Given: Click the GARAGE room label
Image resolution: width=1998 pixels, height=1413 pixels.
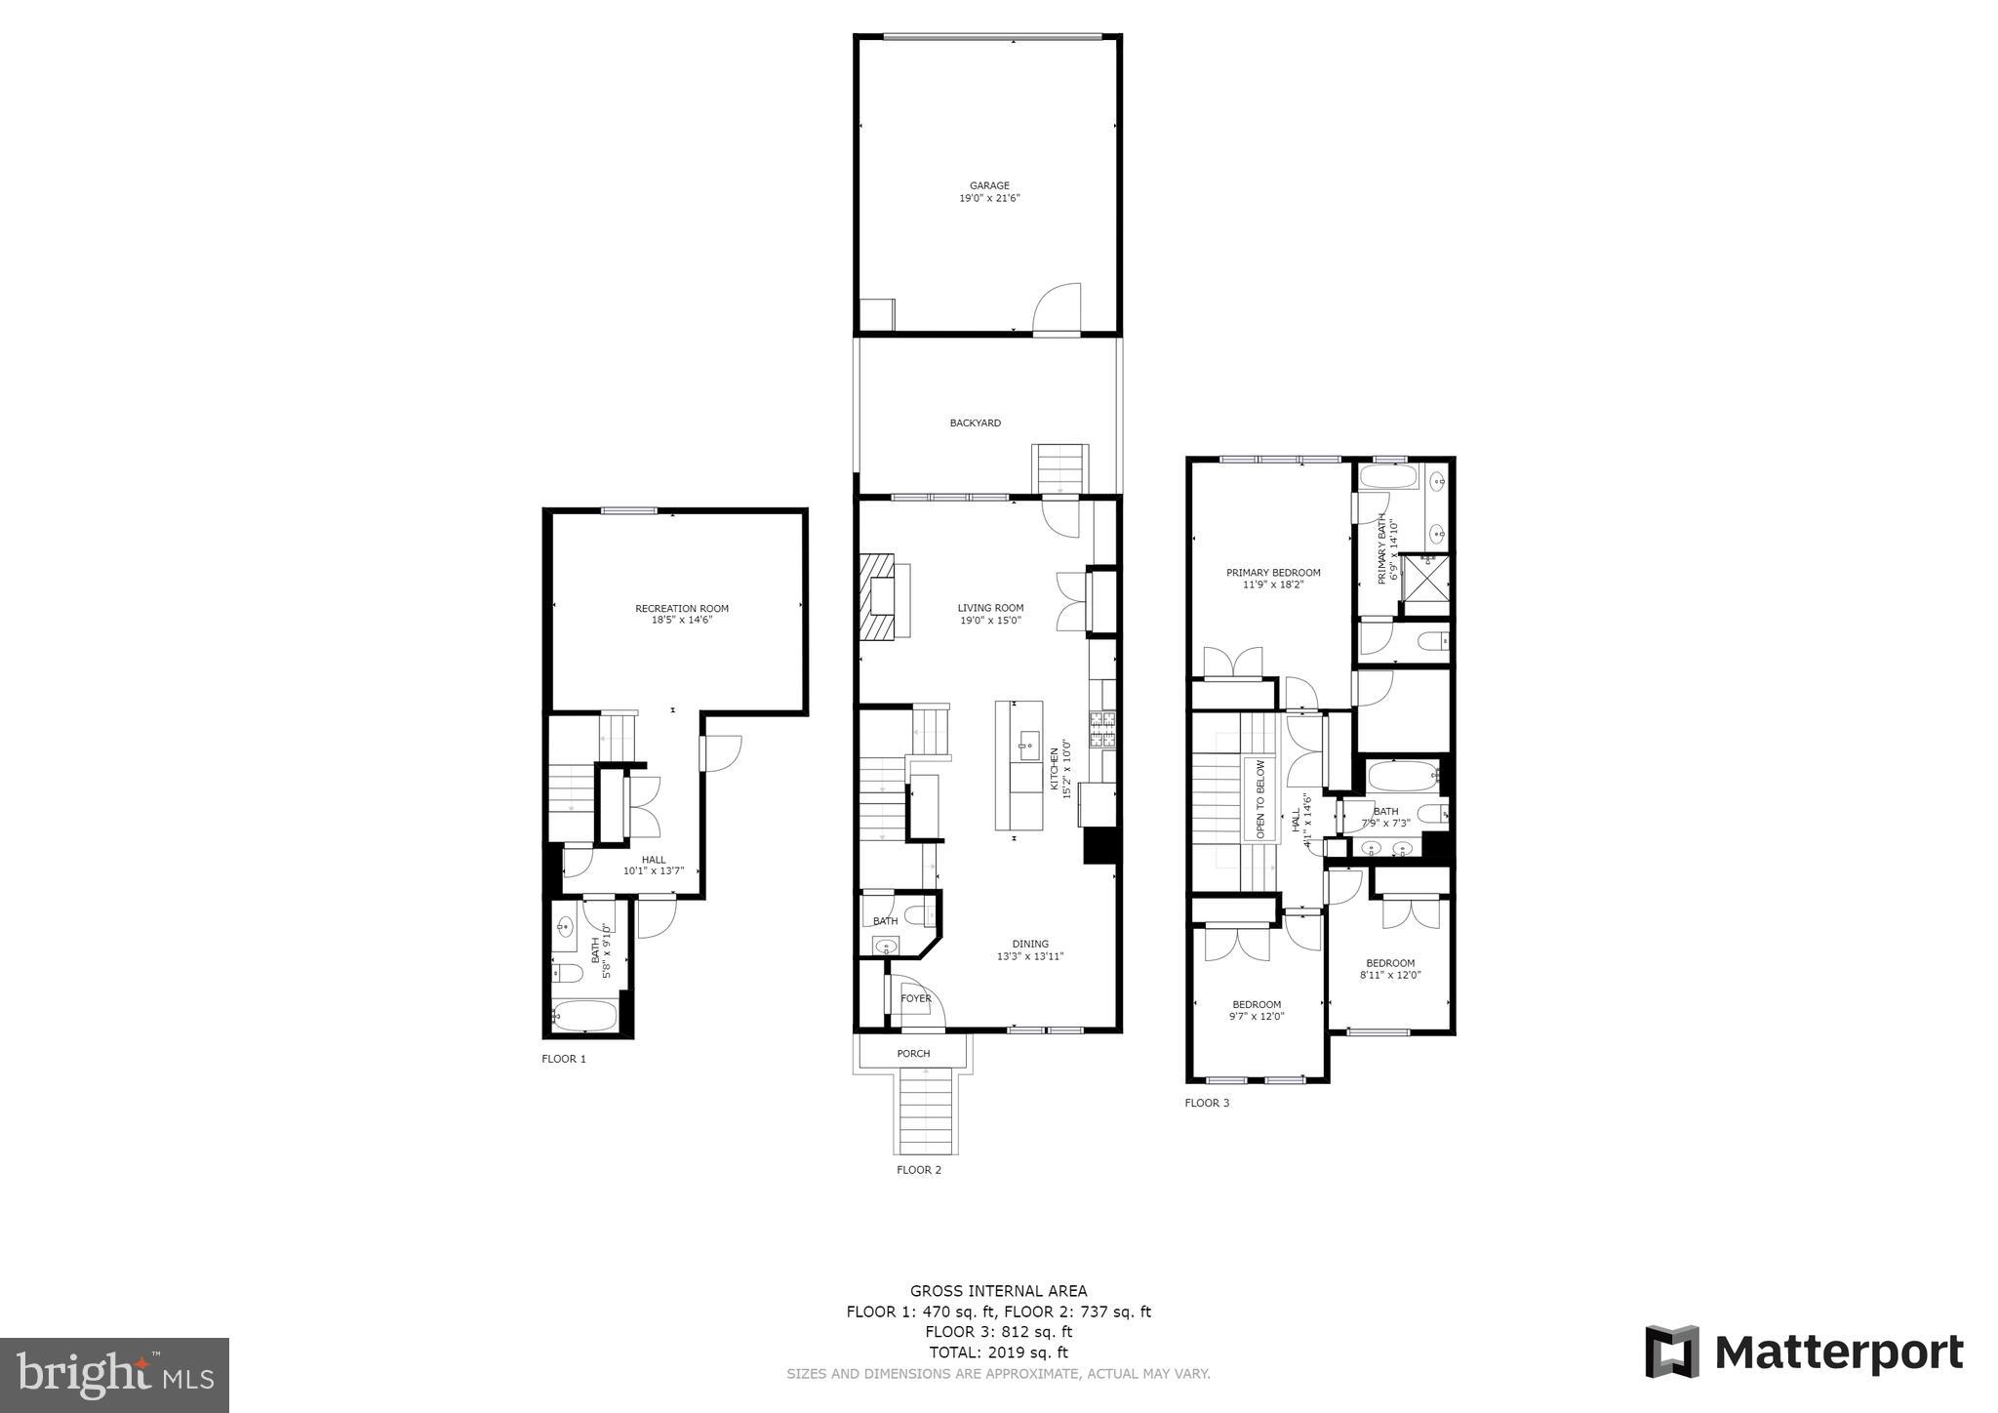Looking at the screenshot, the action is tap(989, 185).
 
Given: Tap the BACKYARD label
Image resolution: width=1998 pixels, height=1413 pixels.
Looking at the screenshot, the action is tap(976, 424).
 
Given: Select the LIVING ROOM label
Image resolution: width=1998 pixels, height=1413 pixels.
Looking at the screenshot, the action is tap(990, 608).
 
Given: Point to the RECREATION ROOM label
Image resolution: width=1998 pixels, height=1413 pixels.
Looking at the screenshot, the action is tap(682, 609).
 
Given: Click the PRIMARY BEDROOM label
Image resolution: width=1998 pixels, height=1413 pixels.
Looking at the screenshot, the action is tap(1273, 573).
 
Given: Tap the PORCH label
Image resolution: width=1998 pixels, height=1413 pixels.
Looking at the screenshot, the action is tap(914, 1054).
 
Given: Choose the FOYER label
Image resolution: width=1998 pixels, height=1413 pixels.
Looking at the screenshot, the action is tap(916, 998).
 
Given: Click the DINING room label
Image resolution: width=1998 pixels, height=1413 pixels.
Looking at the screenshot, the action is tap(1030, 944).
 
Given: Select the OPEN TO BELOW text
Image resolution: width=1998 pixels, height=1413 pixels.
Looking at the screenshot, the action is tap(1260, 799).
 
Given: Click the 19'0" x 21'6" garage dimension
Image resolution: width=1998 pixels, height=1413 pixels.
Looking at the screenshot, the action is tap(989, 198).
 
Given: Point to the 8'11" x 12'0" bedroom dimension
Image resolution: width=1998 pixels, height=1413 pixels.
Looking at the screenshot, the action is tap(1390, 975).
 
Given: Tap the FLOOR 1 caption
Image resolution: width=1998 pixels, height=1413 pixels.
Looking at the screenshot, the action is tap(564, 1059).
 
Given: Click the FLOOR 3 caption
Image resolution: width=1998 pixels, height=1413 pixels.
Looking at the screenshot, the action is tap(1207, 1103).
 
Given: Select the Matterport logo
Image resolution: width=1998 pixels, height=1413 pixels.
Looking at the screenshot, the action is tap(1804, 1352).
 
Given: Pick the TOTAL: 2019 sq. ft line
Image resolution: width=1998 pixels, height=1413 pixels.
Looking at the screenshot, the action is tap(999, 1352).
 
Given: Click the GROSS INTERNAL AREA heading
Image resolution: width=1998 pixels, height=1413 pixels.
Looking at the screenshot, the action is tap(999, 1291).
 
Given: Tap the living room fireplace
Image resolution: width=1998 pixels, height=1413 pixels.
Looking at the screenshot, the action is tap(878, 597).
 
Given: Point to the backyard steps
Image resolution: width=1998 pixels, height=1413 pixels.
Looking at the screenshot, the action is tap(1060, 469).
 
